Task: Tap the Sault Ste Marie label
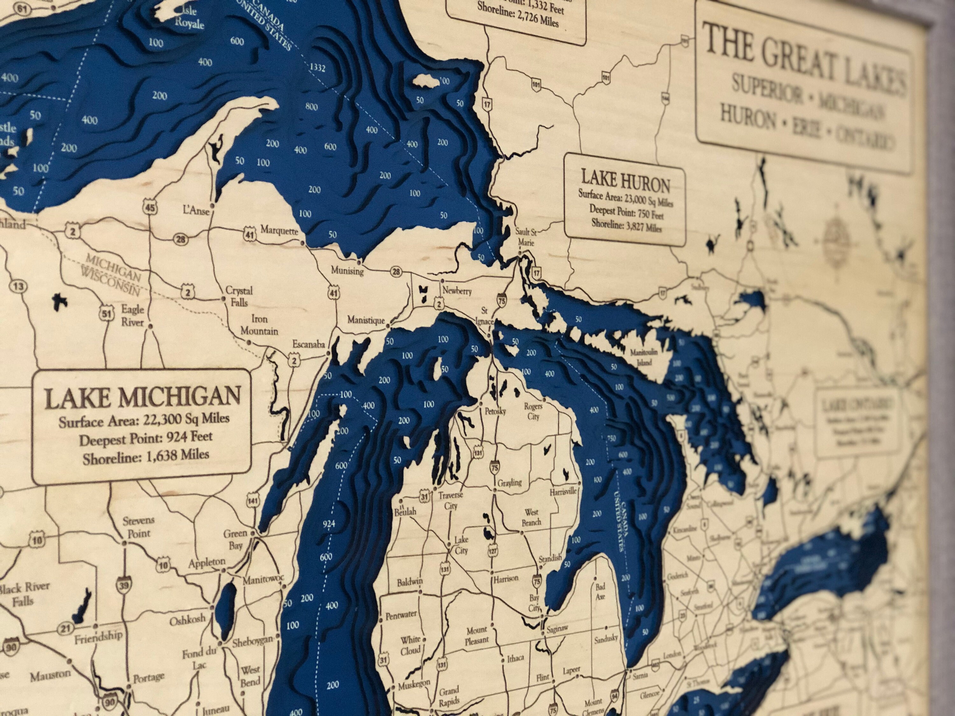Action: (526, 237)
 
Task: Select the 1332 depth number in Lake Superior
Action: (317, 67)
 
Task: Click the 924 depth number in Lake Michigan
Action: (329, 524)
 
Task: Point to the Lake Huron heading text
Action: (625, 181)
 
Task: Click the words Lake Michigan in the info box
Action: (143, 397)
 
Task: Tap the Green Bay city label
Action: (235, 539)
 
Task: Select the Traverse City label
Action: (450, 500)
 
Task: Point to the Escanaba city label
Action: (308, 344)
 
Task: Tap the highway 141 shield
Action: (253, 501)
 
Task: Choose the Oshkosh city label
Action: (187, 621)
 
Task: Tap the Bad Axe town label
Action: (600, 591)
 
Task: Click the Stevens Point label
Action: (138, 527)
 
